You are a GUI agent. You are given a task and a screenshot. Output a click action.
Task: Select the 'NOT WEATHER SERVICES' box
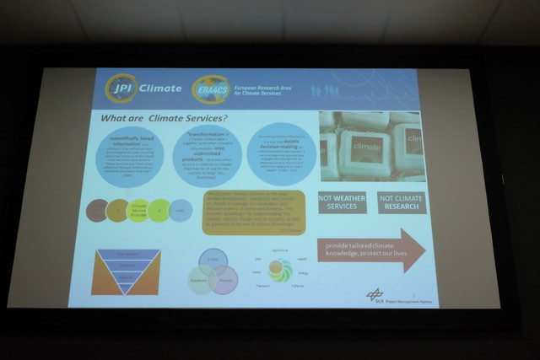coord(342,201)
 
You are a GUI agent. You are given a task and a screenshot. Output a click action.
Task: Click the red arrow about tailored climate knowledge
coord(370,250)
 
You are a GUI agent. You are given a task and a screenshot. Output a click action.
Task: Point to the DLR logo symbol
coord(375,294)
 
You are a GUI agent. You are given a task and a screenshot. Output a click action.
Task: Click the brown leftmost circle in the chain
coord(99,209)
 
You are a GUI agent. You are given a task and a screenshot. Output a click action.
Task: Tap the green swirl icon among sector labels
coord(280,270)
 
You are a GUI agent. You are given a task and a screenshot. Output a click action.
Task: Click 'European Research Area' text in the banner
coord(267,85)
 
